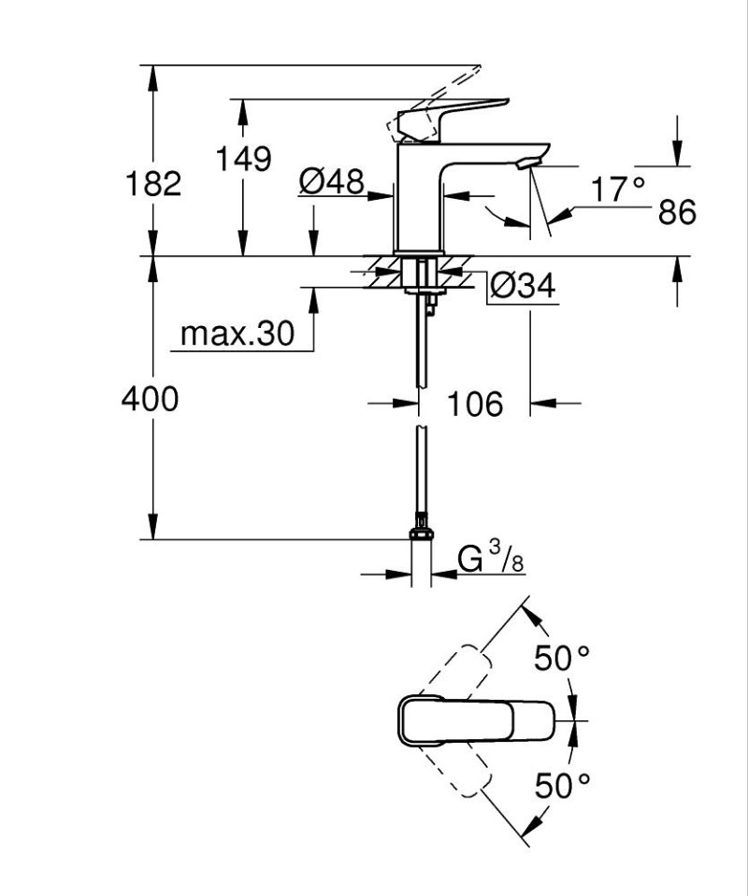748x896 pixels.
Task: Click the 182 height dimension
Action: (x=153, y=183)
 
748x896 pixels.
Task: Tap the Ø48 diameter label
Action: (x=331, y=181)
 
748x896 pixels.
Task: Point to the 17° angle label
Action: (x=618, y=190)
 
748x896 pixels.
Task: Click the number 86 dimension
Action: (x=677, y=212)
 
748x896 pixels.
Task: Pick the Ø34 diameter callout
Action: (x=523, y=286)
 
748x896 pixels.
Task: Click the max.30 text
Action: (x=237, y=333)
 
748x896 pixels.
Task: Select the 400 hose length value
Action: (x=150, y=399)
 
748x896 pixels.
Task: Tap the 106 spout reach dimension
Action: (x=474, y=405)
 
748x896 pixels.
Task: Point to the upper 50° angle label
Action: (x=562, y=659)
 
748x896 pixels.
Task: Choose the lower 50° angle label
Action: (x=562, y=785)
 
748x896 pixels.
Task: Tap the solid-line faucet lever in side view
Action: (x=453, y=116)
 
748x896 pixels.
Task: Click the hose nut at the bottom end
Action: (x=421, y=533)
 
